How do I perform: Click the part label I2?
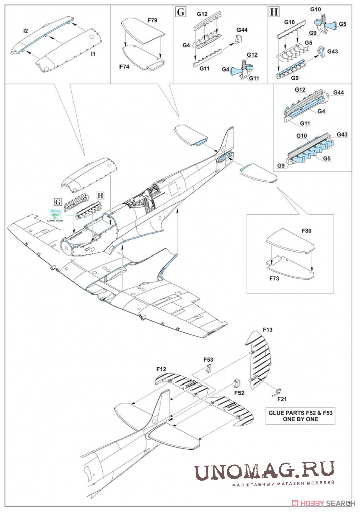pos(25,31)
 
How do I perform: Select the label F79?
pos(152,21)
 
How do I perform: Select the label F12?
pos(161,369)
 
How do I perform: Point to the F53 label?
pos(208,360)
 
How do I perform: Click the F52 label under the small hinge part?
pos(239,393)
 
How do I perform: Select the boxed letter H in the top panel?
pos(274,12)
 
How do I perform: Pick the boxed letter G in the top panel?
pos(181,12)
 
